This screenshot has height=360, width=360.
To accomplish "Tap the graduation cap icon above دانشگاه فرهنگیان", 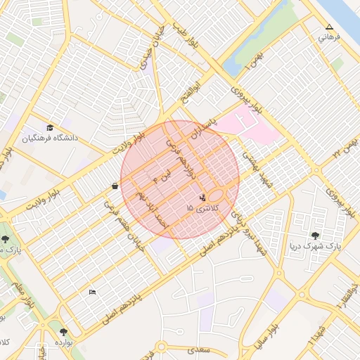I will [50, 127].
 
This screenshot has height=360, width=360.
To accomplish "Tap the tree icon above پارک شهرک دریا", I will [314, 236].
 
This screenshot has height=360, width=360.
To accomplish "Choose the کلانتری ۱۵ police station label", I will [204, 209].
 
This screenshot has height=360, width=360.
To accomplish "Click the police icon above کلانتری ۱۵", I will [203, 198].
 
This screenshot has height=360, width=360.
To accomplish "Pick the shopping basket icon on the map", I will [115, 186].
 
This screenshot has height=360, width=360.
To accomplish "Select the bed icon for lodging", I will [92, 292].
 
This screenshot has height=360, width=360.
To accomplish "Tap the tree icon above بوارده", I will [64, 331].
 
